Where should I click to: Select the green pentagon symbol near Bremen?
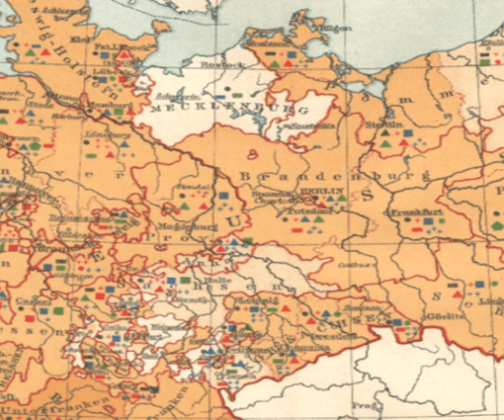[36, 145]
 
